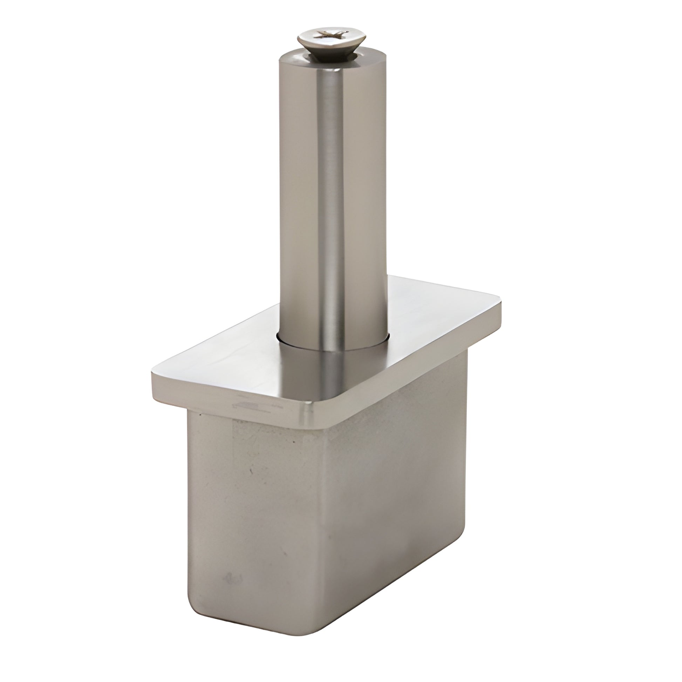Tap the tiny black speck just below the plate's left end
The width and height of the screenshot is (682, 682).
tap(200, 416)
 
